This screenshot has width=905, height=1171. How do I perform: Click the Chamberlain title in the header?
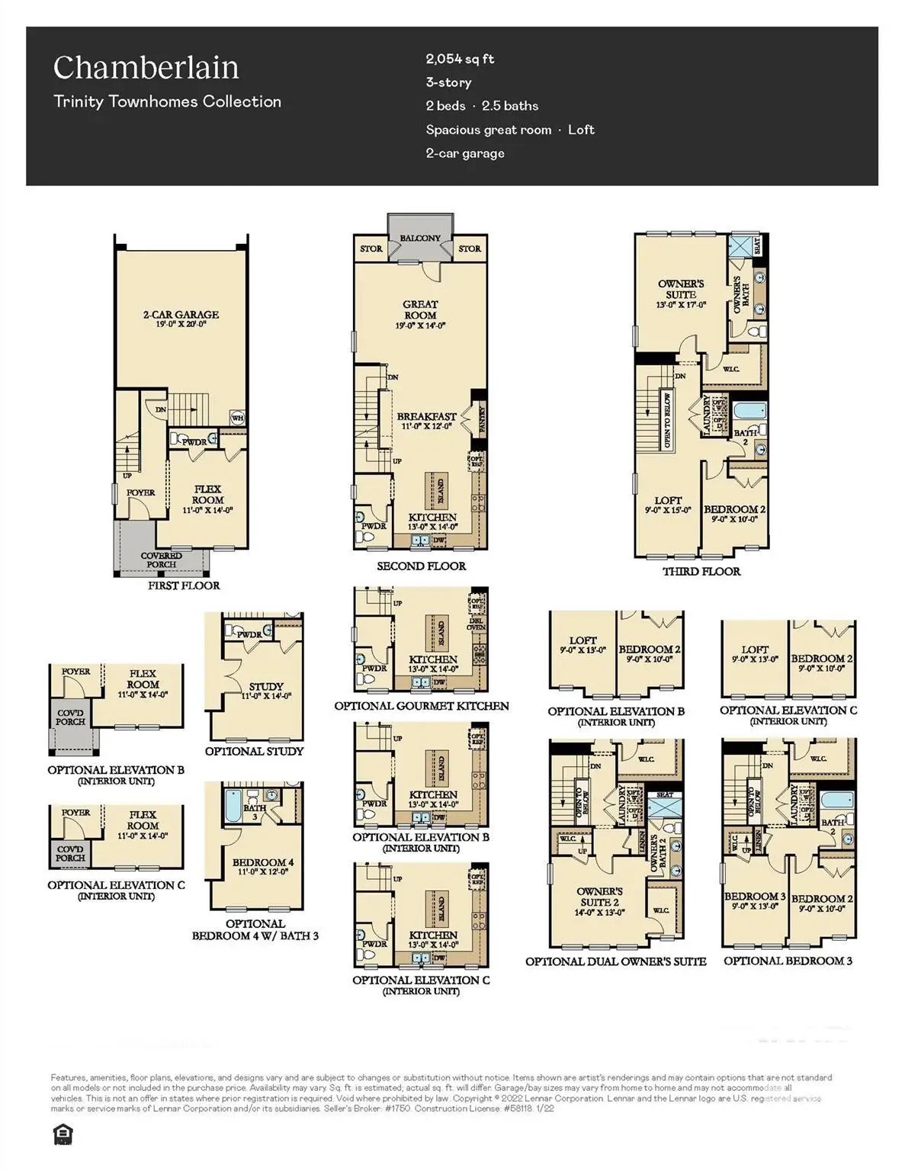coord(146,68)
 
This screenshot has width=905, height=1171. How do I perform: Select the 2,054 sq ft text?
coord(460,59)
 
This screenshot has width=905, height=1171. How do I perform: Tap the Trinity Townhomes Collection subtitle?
coord(167,101)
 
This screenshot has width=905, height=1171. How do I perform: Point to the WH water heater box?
coord(238,417)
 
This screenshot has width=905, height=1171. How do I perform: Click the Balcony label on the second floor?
coord(420,239)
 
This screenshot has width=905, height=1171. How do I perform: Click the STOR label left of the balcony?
coord(371,249)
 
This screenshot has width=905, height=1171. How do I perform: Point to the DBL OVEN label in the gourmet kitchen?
coord(476,623)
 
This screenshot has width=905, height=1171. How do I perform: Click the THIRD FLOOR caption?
coord(701,571)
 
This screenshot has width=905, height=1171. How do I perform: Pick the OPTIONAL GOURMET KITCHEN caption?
coord(422,706)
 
